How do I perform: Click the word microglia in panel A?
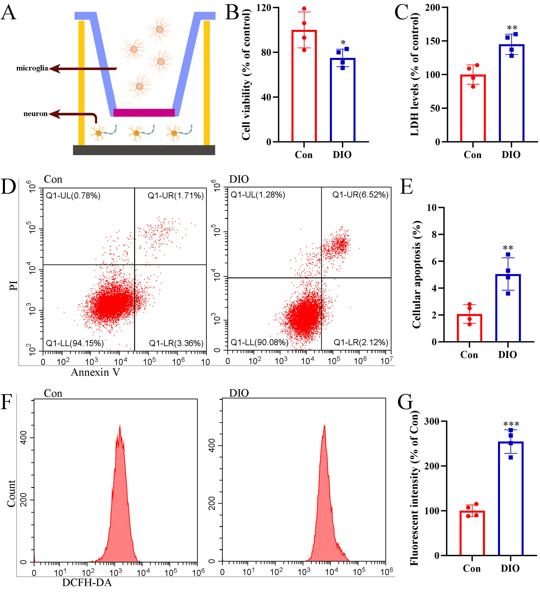point(32,68)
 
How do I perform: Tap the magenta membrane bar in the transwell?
point(144,113)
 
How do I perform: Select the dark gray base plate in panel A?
point(144,150)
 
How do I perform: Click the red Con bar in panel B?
point(304,88)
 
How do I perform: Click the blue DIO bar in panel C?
point(511,94)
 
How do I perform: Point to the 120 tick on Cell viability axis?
point(264,8)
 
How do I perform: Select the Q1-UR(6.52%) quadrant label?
point(360,195)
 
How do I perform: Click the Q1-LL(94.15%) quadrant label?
point(75,343)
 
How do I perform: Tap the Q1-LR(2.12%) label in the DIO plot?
point(361,342)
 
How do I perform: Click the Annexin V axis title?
point(96,372)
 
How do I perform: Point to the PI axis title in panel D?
point(13,285)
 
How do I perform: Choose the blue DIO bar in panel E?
point(508,309)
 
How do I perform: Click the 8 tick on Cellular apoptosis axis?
point(434,234)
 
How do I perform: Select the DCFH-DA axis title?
point(87,582)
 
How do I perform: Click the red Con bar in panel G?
point(472,534)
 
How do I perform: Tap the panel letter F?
point(7,402)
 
